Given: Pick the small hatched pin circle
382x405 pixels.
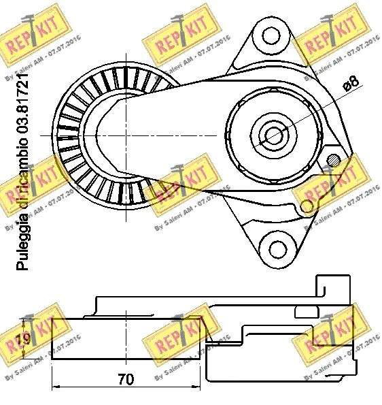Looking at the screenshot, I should point(333,161).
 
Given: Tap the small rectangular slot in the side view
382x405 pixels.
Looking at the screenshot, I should point(305,312).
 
